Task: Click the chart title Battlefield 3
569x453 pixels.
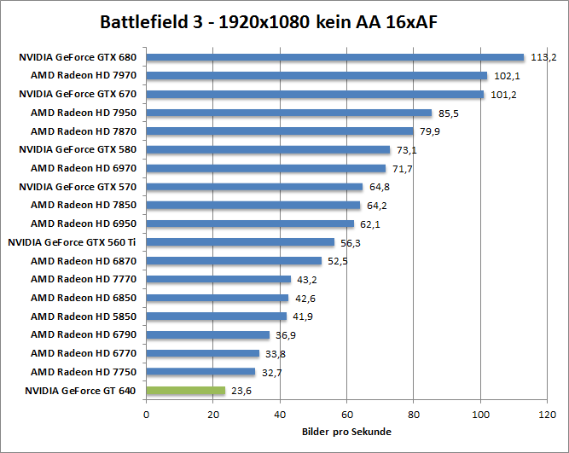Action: point(284,20)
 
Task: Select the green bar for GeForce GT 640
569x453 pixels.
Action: point(186,391)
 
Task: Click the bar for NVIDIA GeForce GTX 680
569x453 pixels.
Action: point(335,57)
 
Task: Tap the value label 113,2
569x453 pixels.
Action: point(543,58)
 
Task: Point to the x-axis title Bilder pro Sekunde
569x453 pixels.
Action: point(347,432)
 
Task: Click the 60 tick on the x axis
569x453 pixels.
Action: point(347,415)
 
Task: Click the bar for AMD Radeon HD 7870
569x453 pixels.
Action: point(280,131)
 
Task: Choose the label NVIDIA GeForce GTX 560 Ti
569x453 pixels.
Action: point(72,242)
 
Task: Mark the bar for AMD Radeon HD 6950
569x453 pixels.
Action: point(250,224)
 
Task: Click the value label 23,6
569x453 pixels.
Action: point(242,392)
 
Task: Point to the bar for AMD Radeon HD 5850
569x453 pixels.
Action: point(217,317)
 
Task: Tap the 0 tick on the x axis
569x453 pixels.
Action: point(147,415)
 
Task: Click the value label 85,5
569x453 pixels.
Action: point(449,113)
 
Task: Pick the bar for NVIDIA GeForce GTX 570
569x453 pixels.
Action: point(254,187)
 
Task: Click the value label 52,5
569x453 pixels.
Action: point(339,261)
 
